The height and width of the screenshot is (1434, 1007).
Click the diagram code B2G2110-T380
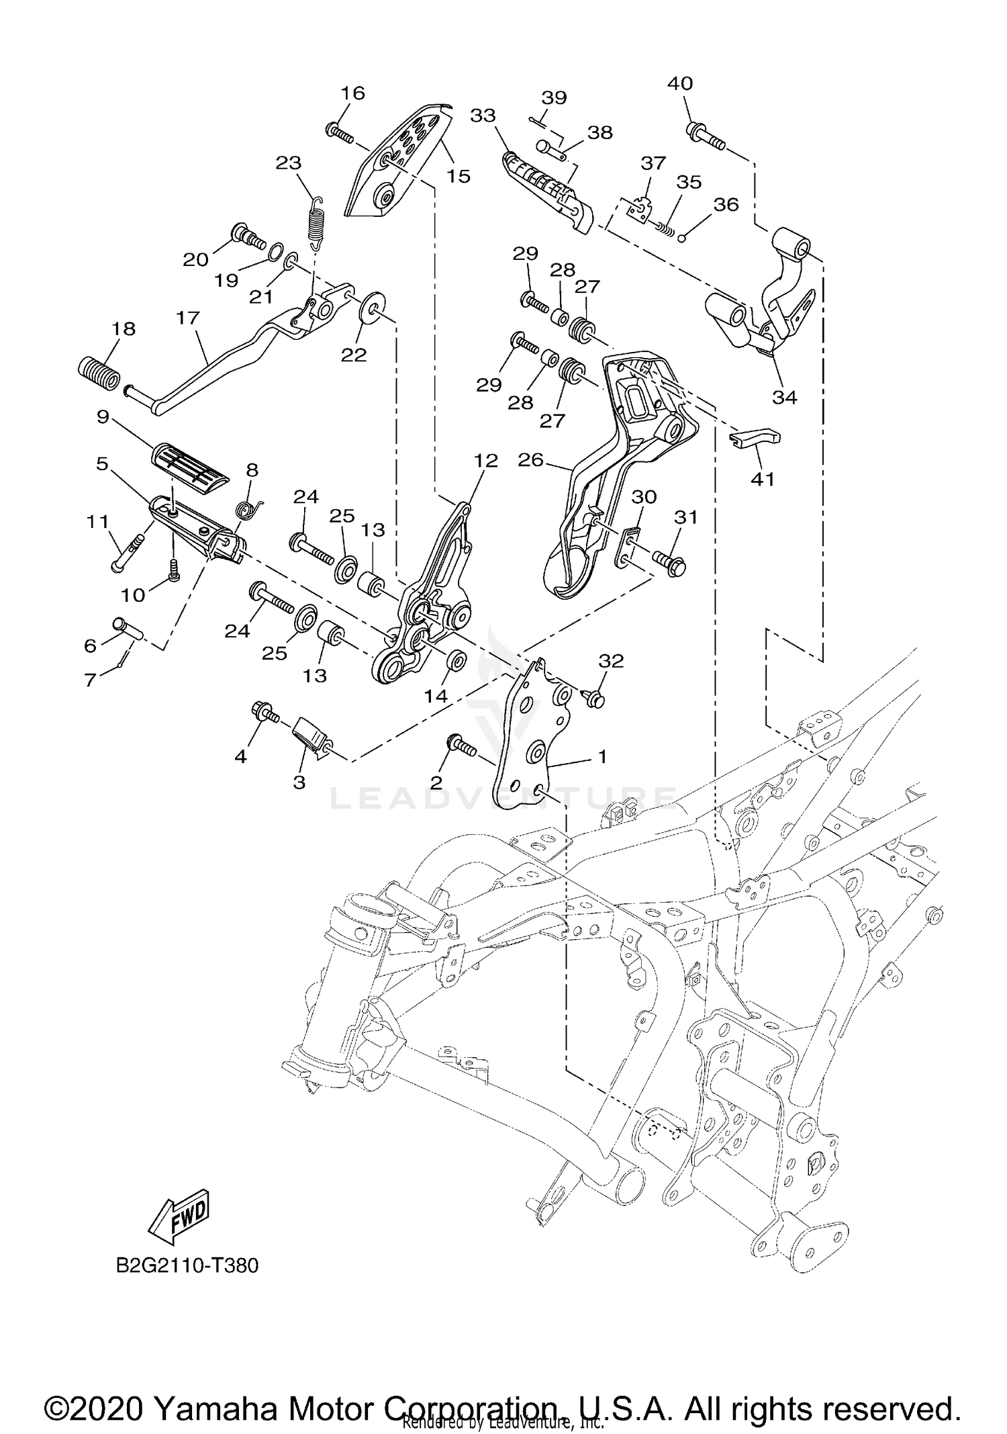click(x=187, y=1265)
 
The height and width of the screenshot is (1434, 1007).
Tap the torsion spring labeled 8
click(x=250, y=510)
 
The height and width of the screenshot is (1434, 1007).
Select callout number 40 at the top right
click(x=680, y=84)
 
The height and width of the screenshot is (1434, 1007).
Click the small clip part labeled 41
click(x=755, y=438)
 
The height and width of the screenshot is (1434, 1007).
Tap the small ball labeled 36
click(x=681, y=236)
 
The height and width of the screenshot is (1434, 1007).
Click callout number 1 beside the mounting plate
click(x=602, y=756)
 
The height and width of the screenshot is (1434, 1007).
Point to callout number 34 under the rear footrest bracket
click(x=784, y=397)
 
